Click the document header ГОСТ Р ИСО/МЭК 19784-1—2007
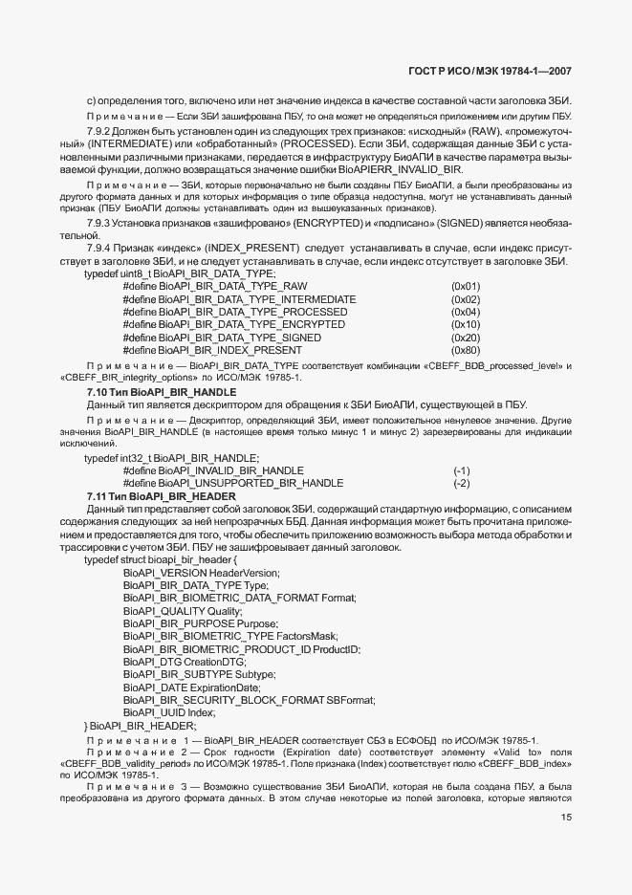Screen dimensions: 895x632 click(490, 71)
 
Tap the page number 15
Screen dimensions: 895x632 click(567, 818)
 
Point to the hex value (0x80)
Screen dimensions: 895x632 click(466, 350)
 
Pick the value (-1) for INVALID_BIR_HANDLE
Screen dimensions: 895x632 click(462, 470)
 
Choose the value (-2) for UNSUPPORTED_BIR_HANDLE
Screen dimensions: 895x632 click(462, 483)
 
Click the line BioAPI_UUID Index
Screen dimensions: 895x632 click(169, 712)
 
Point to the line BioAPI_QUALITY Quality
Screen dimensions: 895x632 click(183, 610)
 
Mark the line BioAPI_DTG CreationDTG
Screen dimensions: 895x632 click(185, 662)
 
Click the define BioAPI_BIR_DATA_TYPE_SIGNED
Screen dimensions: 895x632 click(222, 338)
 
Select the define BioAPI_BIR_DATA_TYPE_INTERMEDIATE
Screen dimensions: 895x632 click(239, 298)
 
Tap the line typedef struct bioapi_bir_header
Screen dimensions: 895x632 click(159, 559)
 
